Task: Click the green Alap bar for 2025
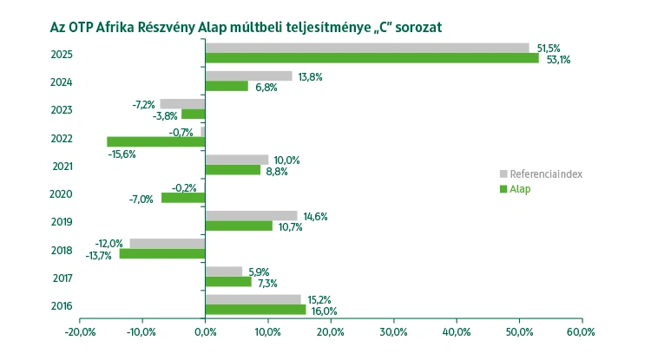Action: [372, 59]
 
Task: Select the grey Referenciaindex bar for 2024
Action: [248, 75]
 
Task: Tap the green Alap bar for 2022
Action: [155, 141]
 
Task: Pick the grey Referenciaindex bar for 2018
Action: [167, 243]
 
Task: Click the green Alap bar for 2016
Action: [255, 310]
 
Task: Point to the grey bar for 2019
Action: [251, 215]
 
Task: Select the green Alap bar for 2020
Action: [183, 198]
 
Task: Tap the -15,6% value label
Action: [122, 154]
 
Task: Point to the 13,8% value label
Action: [310, 76]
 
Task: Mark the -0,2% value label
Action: [183, 187]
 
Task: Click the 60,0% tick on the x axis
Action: [581, 331]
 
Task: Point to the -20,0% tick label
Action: [80, 331]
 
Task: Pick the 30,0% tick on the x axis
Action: [393, 331]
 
